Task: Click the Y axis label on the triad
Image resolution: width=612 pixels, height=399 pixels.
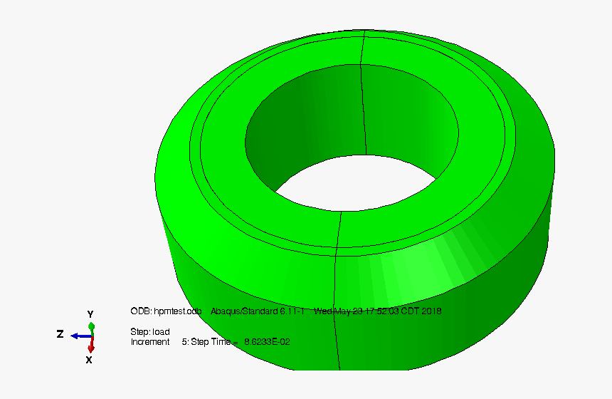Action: coord(90,314)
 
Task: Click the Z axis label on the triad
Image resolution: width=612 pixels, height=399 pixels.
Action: coord(60,334)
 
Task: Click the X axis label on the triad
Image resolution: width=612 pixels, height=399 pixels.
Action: coord(89,360)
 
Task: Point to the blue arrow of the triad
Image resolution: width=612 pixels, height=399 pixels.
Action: coord(79,336)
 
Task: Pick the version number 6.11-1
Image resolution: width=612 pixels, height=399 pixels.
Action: coord(292,311)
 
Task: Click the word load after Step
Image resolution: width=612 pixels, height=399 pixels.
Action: coord(161,332)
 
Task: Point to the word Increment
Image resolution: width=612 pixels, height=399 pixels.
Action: coord(149,342)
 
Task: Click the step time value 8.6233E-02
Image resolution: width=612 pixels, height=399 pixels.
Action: coord(267,342)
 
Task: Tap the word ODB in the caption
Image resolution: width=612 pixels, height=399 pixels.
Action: coord(140,311)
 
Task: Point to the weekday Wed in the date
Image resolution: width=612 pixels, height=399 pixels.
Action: coord(323,311)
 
